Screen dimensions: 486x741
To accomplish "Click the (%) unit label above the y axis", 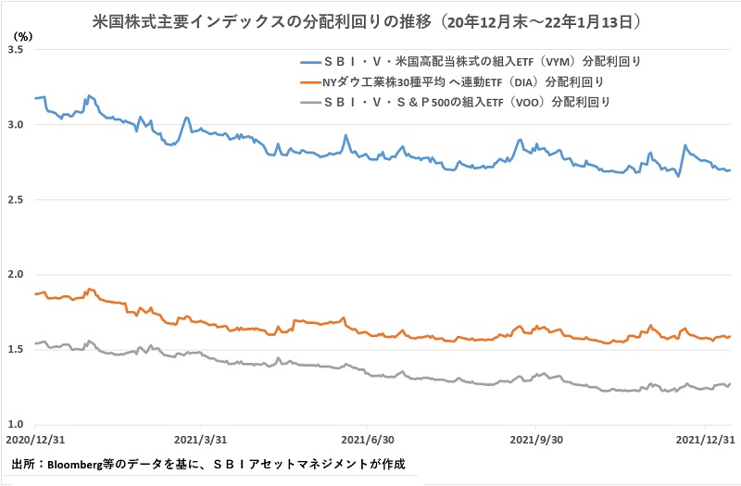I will coord(21,36).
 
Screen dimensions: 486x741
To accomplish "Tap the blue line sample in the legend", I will coord(302,63).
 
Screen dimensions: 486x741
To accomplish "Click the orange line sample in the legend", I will coord(302,82).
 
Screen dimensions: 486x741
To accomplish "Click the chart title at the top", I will coord(369,18).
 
